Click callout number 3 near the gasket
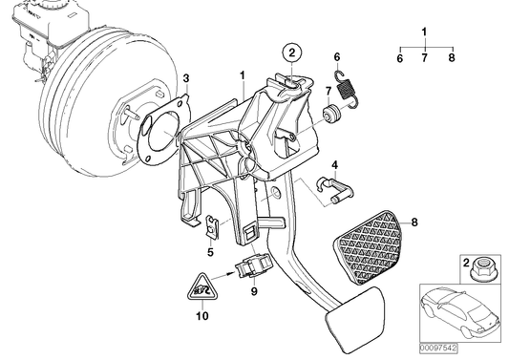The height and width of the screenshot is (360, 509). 187,77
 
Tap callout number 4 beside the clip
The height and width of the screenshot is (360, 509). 334,165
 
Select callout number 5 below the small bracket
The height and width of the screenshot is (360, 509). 209,253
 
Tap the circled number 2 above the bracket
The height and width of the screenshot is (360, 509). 292,53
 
